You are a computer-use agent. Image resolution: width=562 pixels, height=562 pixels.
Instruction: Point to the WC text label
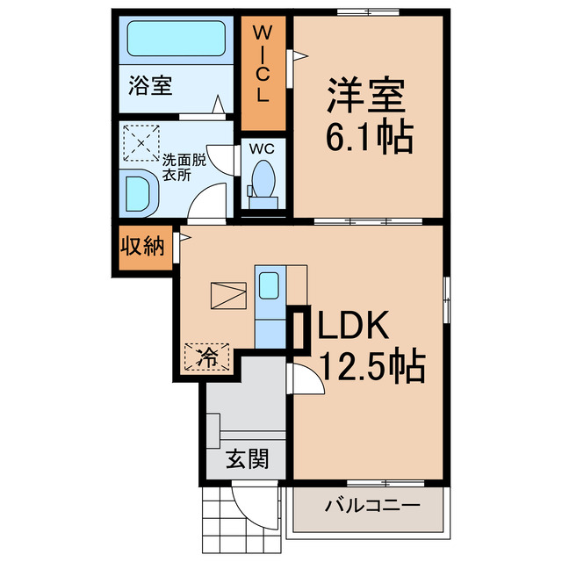coord(262,148)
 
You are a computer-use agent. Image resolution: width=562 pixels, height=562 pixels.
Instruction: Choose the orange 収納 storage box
coord(141,247)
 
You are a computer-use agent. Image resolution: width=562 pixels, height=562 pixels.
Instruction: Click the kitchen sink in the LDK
coord(270,285)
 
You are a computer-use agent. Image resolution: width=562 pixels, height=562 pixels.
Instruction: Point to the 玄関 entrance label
coord(246,458)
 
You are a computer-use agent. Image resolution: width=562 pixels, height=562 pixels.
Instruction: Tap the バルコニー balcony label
coord(371,506)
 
